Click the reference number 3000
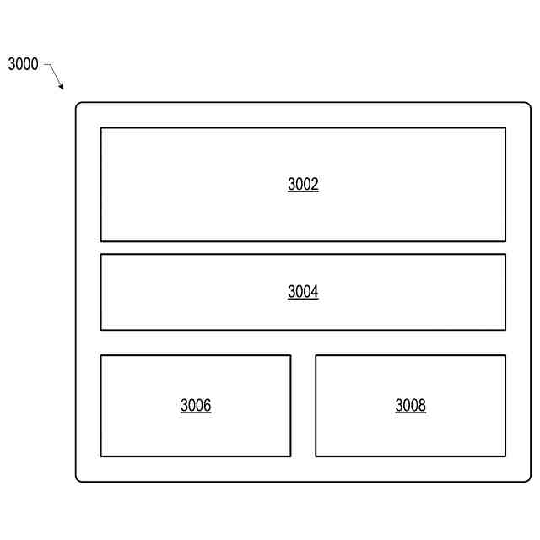(24, 64)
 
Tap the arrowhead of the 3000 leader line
(62, 88)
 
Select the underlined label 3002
(303, 185)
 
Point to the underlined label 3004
(303, 293)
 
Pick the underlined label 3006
(196, 406)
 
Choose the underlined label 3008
(411, 406)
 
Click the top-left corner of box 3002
(101, 128)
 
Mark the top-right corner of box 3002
(505, 128)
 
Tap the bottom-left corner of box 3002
(101, 241)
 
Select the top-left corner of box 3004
(101, 255)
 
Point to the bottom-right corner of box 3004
(505, 330)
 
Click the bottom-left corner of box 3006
(101, 456)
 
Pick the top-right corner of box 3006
(290, 355)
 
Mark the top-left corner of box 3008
(316, 355)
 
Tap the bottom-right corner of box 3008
(505, 456)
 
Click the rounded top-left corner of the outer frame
(78, 105)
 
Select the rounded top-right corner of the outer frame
(528, 105)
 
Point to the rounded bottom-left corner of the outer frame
(78, 479)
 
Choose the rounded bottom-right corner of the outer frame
(528, 479)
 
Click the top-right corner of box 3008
(505, 355)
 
